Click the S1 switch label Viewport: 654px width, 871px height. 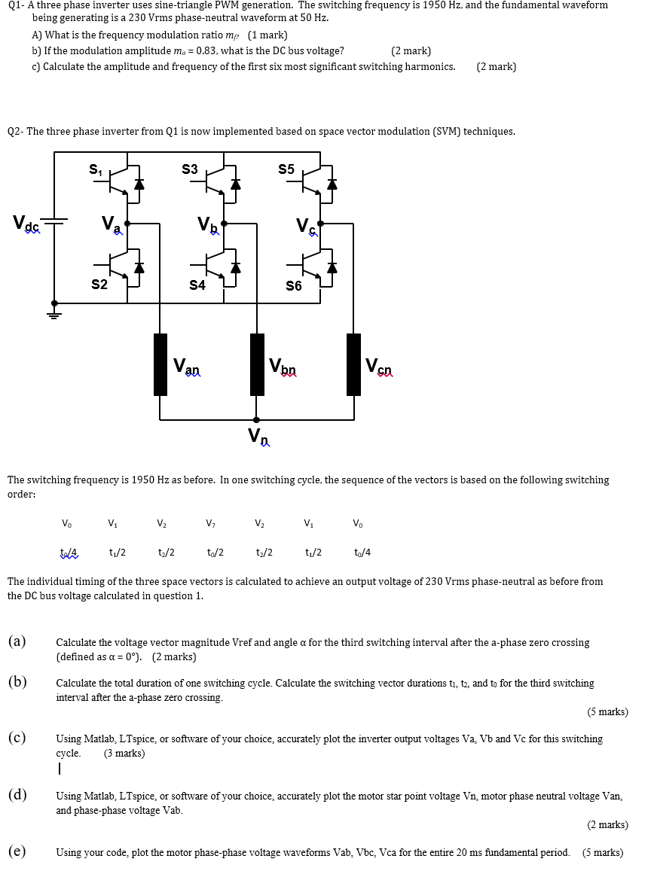tap(96, 169)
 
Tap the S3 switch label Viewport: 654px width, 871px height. tap(190, 169)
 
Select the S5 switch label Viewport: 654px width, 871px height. tap(286, 169)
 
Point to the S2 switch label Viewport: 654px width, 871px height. tap(99, 285)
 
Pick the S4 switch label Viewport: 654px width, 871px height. tap(197, 285)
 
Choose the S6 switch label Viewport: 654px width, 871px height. tap(294, 285)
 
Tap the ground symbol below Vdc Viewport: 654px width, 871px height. tap(54, 313)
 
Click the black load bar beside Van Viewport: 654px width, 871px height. tap(160, 364)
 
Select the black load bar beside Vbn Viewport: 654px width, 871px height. tap(257, 364)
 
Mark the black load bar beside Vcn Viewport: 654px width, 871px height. tap(353, 364)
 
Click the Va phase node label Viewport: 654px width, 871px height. tap(112, 224)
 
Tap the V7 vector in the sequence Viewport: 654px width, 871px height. tap(210, 523)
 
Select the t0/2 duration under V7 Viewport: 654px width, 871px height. tap(215, 552)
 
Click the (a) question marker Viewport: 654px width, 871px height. tap(17, 641)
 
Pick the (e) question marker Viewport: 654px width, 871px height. tap(17, 851)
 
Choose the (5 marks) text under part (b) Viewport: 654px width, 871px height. tap(608, 711)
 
